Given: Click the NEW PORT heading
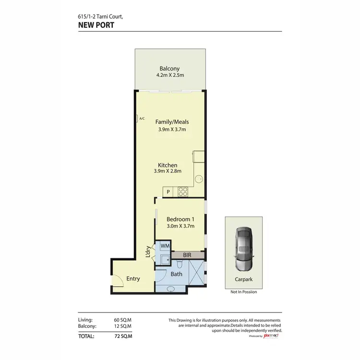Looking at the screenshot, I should click(96, 25).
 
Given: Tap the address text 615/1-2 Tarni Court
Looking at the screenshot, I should click(100, 16).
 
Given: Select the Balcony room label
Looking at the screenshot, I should click(169, 69).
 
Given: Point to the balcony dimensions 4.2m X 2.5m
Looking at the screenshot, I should click(169, 75).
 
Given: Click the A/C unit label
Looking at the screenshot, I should click(142, 118).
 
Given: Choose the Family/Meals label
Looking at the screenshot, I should click(172, 122).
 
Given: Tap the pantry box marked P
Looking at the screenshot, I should click(168, 192).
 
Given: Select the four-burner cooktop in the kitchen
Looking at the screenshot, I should click(183, 192).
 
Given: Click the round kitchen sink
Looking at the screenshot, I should click(198, 180).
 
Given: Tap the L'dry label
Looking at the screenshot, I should click(148, 252).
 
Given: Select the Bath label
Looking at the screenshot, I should click(176, 274).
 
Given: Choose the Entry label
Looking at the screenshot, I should click(133, 278).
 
